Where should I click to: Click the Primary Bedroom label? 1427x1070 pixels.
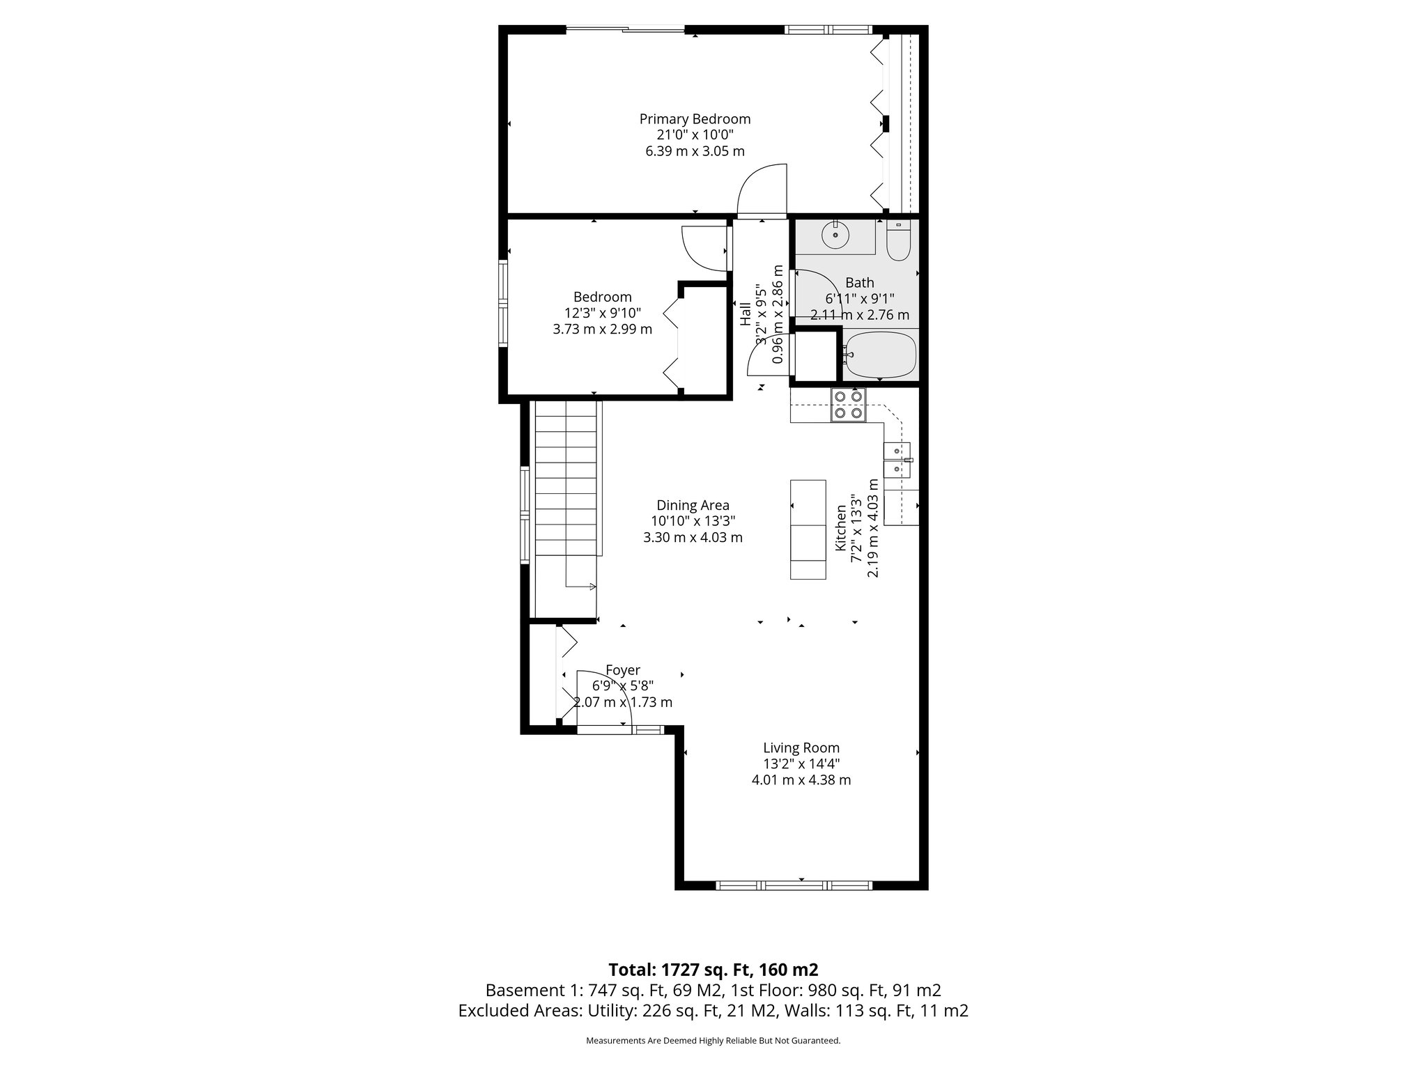pyautogui.click(x=695, y=119)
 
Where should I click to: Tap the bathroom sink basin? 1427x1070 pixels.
pyautogui.click(x=835, y=235)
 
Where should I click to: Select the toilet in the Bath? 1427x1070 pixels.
pyautogui.click(x=898, y=241)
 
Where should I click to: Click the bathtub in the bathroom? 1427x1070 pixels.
pyautogui.click(x=880, y=355)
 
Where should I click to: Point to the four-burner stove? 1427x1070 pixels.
pyautogui.click(x=848, y=405)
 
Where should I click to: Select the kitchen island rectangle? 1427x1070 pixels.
pyautogui.click(x=808, y=529)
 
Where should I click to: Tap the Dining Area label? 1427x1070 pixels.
pyautogui.click(x=693, y=505)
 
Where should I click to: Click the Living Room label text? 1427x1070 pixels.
pyautogui.click(x=801, y=748)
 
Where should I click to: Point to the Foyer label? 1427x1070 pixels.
pyautogui.click(x=622, y=670)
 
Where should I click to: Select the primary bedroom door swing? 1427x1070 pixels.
pyautogui.click(x=763, y=192)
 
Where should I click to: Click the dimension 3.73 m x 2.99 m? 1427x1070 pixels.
pyautogui.click(x=602, y=329)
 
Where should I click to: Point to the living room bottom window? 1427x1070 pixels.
pyautogui.click(x=794, y=885)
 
